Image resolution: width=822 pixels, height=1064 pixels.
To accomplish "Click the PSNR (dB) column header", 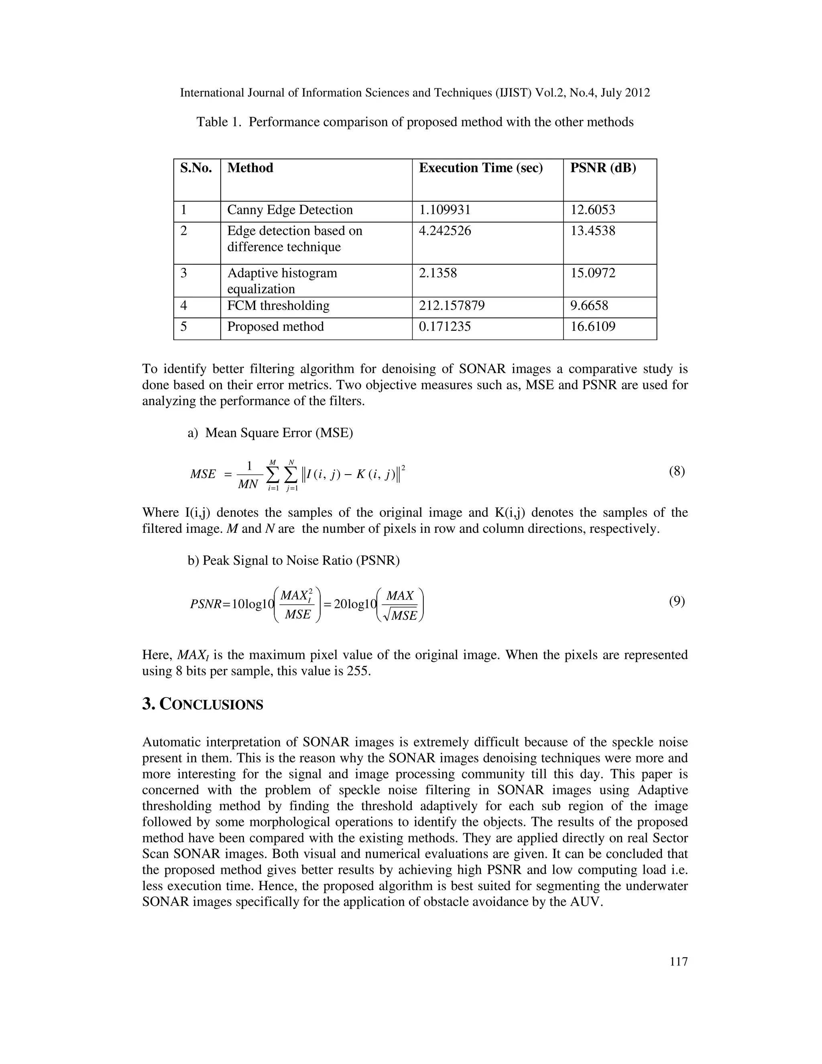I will pos(603,168).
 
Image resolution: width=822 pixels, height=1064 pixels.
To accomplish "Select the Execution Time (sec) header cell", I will pos(480,168).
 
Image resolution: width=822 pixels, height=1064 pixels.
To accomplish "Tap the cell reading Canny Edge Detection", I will pos(290,210).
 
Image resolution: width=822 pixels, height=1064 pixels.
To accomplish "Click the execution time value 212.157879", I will pos(452,306).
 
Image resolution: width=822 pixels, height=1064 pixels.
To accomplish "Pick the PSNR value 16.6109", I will pos(593,326).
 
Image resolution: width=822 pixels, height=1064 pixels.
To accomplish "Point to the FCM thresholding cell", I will pos(278,306).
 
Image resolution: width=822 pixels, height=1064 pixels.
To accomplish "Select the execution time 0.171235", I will pos(445,326).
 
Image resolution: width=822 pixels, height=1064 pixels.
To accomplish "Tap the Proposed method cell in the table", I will pos(275,326).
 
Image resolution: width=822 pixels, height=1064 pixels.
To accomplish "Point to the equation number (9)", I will pos(676,601).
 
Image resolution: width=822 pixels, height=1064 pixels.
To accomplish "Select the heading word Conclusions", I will pos(212,705).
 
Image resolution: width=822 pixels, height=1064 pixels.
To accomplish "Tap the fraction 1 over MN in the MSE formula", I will pos(248,475).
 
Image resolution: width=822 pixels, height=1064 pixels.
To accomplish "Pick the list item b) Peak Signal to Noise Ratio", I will pos(294,561).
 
